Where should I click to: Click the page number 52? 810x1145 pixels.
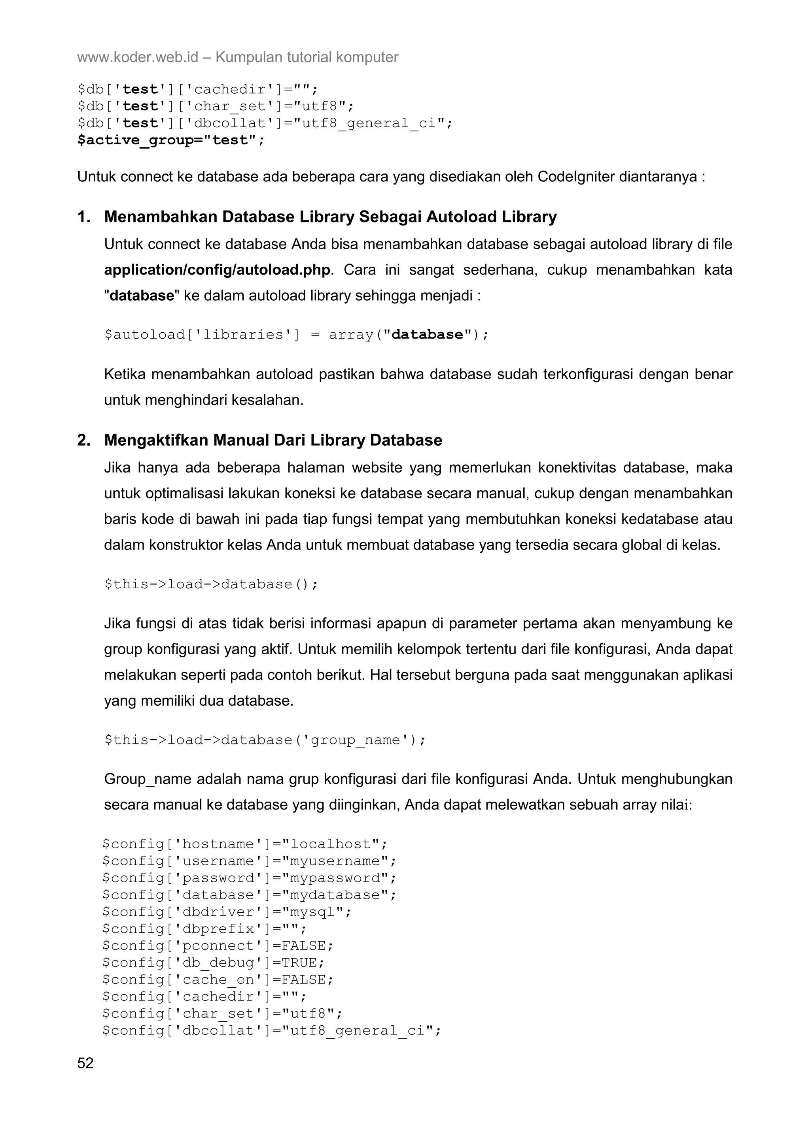(x=85, y=1063)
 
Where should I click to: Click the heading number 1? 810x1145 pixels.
(x=84, y=217)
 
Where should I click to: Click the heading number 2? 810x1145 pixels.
(x=84, y=441)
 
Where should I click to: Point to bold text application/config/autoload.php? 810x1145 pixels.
(x=217, y=270)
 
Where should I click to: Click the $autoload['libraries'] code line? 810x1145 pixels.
(x=297, y=335)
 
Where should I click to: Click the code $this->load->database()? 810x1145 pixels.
(x=211, y=584)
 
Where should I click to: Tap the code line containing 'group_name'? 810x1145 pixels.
(x=265, y=740)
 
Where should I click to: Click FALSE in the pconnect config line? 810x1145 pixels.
(x=303, y=945)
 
